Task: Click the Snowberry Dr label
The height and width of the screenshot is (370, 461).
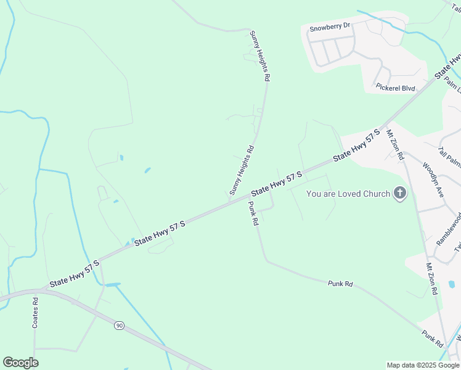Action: pyautogui.click(x=330, y=27)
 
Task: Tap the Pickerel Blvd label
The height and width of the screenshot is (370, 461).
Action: pyautogui.click(x=396, y=88)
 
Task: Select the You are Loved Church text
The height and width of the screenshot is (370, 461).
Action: pyautogui.click(x=348, y=194)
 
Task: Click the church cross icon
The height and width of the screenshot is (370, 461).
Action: pyautogui.click(x=400, y=194)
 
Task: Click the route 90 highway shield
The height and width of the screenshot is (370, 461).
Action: pyautogui.click(x=119, y=325)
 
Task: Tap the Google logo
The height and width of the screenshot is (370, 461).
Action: pyautogui.click(x=20, y=363)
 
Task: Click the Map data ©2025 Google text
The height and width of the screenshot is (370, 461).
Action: pyautogui.click(x=423, y=365)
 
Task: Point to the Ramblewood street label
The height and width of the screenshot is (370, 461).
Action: pyautogui.click(x=448, y=229)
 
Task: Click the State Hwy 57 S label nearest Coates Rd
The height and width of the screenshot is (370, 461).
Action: pyautogui.click(x=75, y=273)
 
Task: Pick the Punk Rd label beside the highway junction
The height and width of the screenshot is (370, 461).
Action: pyautogui.click(x=253, y=213)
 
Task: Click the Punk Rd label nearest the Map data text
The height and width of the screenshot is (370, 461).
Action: pyautogui.click(x=433, y=337)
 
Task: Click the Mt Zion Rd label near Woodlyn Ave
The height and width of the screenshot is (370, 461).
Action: pyautogui.click(x=394, y=145)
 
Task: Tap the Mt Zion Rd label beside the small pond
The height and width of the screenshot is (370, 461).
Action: pyautogui.click(x=431, y=279)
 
